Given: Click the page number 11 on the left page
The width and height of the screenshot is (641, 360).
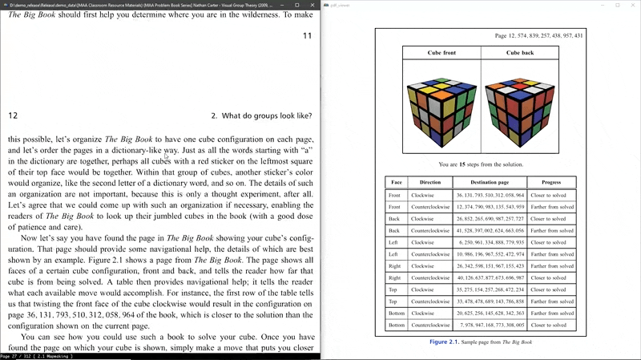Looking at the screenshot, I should (307, 36).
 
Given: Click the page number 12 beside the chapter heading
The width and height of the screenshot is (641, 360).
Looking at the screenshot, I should (13, 115).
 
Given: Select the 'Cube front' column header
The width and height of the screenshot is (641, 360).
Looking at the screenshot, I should (441, 53).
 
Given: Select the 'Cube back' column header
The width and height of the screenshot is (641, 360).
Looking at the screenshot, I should (520, 53).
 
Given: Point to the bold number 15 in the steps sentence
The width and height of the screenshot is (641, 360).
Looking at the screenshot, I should (462, 164).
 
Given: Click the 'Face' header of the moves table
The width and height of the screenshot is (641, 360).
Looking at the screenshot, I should (395, 182).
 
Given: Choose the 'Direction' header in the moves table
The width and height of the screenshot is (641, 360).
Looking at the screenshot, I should (429, 182).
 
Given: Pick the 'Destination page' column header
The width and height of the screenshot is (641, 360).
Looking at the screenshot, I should (490, 182).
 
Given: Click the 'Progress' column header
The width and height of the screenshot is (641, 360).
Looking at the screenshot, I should (550, 182).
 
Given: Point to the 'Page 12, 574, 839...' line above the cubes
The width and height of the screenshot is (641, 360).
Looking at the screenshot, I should (538, 36).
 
